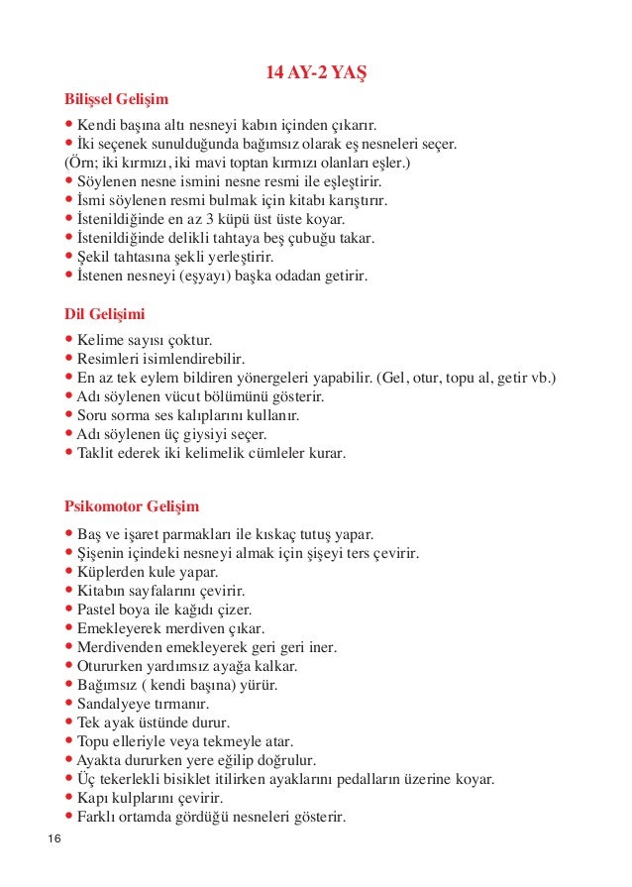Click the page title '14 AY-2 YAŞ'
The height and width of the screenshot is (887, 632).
[316, 73]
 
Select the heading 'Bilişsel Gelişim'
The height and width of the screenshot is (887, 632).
[116, 99]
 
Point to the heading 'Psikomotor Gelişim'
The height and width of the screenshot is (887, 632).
[132, 505]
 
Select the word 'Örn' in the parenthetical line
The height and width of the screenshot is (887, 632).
[84, 163]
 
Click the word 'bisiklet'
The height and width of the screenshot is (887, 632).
[224, 780]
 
